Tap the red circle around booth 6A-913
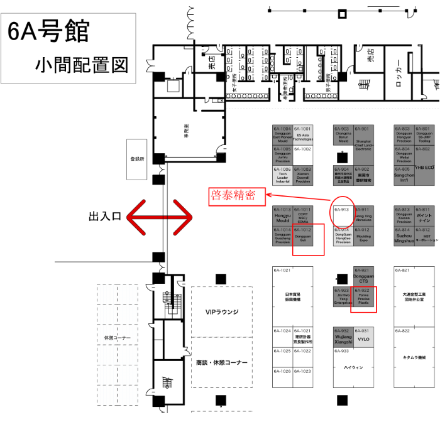[x=341, y=212]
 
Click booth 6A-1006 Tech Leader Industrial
[x=282, y=175]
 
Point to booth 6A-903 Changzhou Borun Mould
[x=343, y=136]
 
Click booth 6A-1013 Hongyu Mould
[x=282, y=216]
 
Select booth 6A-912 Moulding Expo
[x=364, y=236]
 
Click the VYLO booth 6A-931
[x=364, y=338]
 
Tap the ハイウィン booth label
[x=354, y=368]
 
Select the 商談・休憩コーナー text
[x=222, y=363]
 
